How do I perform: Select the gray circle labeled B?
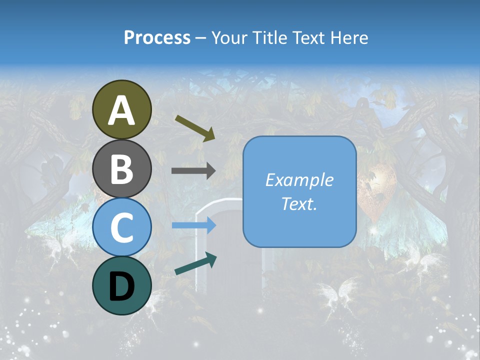121,168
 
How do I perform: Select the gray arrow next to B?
193,171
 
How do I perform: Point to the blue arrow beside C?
193,225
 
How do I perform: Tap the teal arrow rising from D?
195,263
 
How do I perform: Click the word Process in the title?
157,38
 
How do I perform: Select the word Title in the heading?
267,38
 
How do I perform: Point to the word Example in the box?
299,180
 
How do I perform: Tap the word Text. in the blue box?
299,203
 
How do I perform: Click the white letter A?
121,110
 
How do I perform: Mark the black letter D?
121,287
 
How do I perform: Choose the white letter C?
121,227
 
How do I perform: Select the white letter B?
121,168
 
